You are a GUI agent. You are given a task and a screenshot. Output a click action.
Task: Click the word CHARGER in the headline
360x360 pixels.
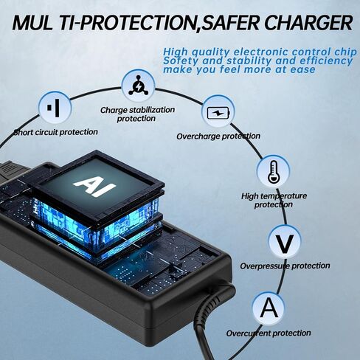click(308, 23)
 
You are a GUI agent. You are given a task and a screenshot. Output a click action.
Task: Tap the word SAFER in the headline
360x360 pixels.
click(231, 23)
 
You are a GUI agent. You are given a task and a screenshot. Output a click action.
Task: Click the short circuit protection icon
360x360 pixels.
click(55, 108)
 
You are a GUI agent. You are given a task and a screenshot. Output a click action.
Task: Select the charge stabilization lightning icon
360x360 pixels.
click(139, 86)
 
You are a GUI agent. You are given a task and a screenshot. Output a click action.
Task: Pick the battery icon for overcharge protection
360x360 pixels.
click(218, 113)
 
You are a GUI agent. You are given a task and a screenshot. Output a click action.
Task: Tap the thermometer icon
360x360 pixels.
click(273, 171)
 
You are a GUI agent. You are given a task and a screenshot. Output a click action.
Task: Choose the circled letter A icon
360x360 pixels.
click(269, 308)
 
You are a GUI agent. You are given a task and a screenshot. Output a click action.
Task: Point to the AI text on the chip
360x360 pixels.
click(94, 186)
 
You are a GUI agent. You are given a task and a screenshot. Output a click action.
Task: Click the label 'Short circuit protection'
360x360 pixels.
click(56, 132)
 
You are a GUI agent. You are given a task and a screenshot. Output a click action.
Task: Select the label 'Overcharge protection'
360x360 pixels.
click(218, 136)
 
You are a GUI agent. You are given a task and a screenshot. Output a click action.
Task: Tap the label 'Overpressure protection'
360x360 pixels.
click(285, 266)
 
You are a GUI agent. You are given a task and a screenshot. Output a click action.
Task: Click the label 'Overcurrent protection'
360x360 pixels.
click(269, 333)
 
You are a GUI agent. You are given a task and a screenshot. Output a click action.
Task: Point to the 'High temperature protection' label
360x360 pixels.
click(274, 200)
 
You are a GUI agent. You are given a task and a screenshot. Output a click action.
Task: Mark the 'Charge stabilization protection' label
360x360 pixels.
click(137, 114)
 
